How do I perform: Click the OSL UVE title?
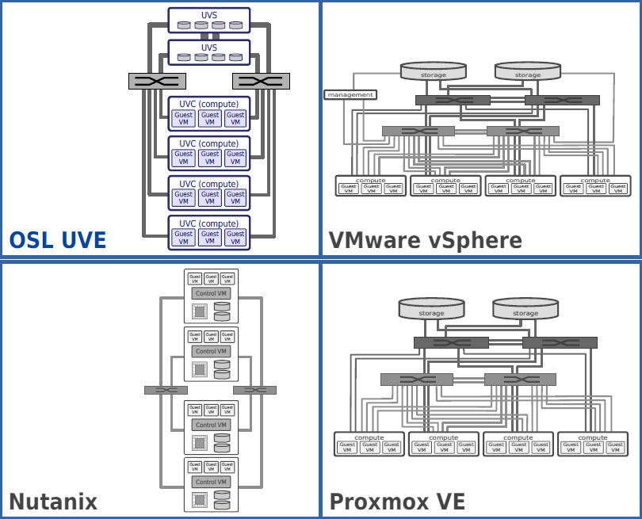click(57, 240)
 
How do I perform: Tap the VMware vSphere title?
click(425, 240)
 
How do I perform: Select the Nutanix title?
click(52, 502)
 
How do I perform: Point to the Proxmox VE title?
click(397, 502)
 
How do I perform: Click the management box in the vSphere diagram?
click(350, 95)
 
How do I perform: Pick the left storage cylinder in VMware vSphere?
click(433, 71)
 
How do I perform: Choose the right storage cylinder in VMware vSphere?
click(527, 71)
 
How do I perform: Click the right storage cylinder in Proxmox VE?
click(525, 309)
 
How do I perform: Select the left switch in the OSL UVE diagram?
click(157, 81)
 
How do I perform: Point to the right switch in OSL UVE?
click(262, 81)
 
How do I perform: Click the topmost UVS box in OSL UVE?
click(209, 21)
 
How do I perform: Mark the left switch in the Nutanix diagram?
click(166, 390)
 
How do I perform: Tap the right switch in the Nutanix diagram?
click(254, 390)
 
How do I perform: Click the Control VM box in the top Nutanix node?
click(211, 293)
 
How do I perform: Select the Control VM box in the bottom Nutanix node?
click(211, 482)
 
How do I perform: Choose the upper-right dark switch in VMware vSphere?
click(562, 100)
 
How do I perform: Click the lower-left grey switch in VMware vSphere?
click(418, 131)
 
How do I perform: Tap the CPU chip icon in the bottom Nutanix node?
click(199, 499)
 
